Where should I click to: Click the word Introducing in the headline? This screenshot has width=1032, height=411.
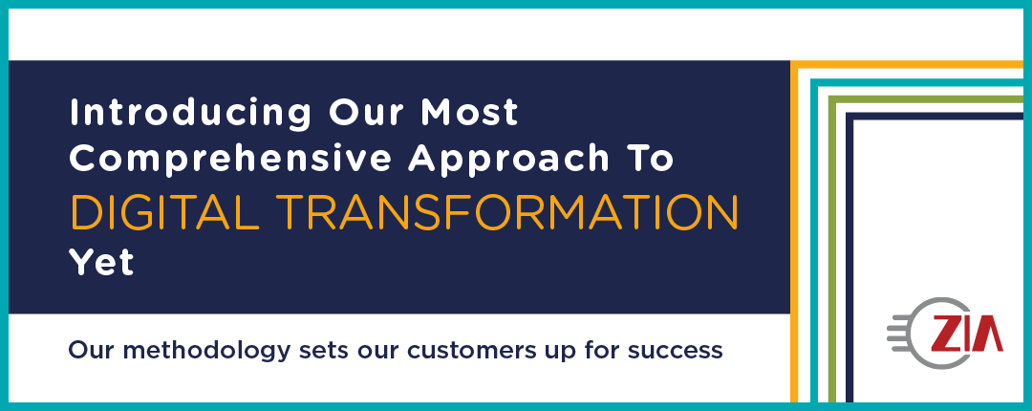(190, 114)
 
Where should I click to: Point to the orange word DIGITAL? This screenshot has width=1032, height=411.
(164, 211)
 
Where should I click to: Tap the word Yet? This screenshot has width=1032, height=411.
(101, 262)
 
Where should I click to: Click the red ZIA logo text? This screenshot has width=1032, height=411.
(967, 334)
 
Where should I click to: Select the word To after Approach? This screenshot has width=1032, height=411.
(651, 158)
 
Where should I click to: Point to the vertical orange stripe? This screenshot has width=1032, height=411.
(794, 231)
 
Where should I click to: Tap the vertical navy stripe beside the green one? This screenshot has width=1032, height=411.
(849, 257)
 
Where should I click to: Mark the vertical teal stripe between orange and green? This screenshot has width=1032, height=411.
(814, 241)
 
